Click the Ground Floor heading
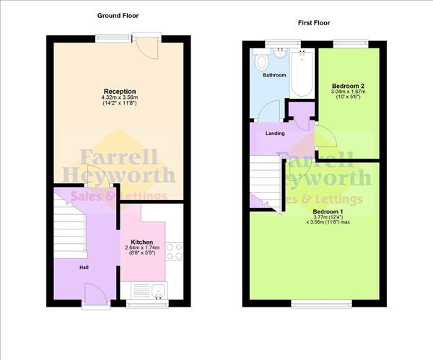click(118, 16)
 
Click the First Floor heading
click(314, 23)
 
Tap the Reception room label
click(120, 91)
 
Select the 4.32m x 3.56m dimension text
click(120, 97)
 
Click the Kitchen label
click(142, 242)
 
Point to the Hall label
click(84, 268)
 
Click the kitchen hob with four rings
click(174, 252)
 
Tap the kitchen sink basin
click(159, 291)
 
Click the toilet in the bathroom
click(261, 60)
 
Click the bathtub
click(302, 73)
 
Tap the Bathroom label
click(274, 75)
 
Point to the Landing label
click(275, 133)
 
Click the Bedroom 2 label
click(349, 86)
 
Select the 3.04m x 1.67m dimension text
click(349, 92)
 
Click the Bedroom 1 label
click(328, 211)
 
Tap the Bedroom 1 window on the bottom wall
click(322, 304)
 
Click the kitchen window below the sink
click(147, 304)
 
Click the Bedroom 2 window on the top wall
click(351, 44)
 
